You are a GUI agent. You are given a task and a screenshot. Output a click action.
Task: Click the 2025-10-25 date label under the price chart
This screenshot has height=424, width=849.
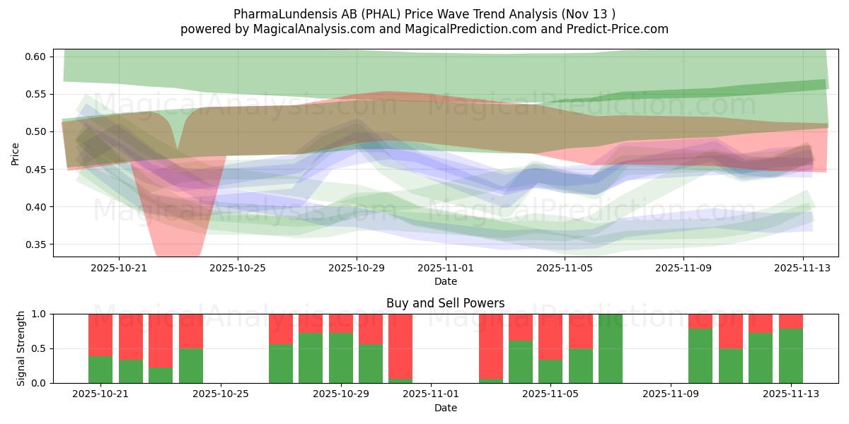238,268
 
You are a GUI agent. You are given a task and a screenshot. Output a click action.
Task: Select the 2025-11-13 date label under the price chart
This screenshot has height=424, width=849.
802,268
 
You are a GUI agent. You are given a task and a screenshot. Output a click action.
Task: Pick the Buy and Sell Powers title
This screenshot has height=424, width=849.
445,303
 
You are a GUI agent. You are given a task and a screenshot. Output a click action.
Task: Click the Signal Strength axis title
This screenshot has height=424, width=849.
21,348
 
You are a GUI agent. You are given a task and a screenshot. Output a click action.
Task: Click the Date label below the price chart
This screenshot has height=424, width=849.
445,281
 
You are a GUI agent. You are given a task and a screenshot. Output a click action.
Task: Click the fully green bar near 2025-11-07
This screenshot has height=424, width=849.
610,348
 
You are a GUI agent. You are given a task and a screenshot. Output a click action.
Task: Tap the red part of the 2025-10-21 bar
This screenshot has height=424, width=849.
100,334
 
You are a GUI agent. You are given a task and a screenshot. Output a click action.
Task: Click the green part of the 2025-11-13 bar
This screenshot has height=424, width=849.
790,357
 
